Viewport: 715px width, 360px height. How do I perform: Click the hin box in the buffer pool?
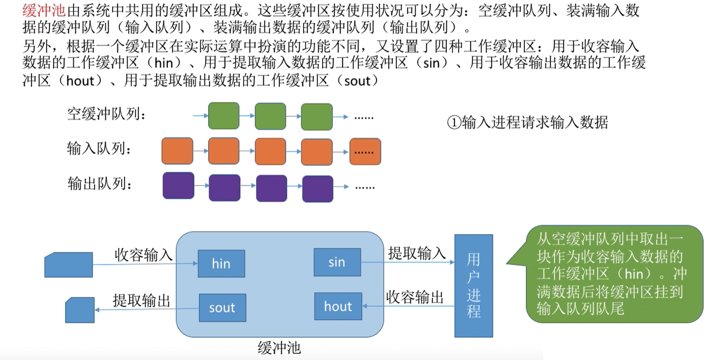(221, 263)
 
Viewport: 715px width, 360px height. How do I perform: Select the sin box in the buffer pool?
(337, 262)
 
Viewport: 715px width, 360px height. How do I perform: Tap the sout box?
(222, 308)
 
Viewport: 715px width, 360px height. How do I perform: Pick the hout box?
(338, 306)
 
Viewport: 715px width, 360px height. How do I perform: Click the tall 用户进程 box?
(473, 285)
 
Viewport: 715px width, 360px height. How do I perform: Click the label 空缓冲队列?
(107, 115)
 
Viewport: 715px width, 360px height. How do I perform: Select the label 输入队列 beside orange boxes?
(99, 149)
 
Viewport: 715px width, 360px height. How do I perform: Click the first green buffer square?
(224, 115)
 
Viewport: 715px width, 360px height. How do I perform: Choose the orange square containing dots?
(365, 151)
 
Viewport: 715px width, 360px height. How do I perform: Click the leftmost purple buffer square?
(178, 186)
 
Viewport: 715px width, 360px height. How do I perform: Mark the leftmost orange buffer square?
(177, 151)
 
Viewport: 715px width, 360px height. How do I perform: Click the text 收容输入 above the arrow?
(144, 254)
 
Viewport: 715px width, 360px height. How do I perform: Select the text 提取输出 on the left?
(142, 300)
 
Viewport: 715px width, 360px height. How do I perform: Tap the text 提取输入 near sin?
(417, 252)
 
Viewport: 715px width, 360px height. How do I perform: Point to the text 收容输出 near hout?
(415, 297)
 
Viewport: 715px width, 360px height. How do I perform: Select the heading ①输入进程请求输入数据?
(527, 122)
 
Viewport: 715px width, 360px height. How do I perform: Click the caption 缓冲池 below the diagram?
(279, 347)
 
